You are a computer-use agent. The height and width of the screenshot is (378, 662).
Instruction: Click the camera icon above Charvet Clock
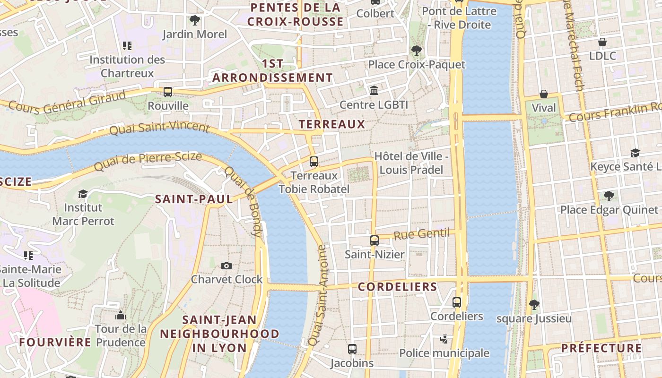point(226,266)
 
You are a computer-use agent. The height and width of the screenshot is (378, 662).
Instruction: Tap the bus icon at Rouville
point(168,92)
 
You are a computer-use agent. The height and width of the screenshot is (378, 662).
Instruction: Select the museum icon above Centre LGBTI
point(374,90)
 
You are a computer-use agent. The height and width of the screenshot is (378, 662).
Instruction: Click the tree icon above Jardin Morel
point(194,20)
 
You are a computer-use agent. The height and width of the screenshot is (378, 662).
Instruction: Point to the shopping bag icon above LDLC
point(602,42)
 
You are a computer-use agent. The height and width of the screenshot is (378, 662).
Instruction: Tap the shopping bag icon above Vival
point(544,94)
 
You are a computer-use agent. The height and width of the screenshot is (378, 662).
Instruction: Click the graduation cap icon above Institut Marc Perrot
point(83,194)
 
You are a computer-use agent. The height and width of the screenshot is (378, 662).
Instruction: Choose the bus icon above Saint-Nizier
point(375,241)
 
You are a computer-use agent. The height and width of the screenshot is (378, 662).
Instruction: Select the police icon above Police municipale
point(444,339)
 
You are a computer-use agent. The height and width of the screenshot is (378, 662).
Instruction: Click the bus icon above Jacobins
point(352,349)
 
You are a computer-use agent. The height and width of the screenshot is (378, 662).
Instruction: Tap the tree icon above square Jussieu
point(534,305)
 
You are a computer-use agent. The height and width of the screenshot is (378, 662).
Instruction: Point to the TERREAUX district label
point(332,124)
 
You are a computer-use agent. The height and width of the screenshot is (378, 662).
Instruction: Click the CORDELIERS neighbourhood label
point(398,287)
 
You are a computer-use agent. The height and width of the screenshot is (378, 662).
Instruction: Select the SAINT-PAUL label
point(194,199)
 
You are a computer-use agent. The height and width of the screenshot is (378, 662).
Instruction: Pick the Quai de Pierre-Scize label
point(148,162)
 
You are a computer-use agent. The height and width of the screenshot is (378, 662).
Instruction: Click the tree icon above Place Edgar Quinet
point(609,196)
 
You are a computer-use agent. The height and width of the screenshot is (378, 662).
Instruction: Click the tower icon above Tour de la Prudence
point(121,315)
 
